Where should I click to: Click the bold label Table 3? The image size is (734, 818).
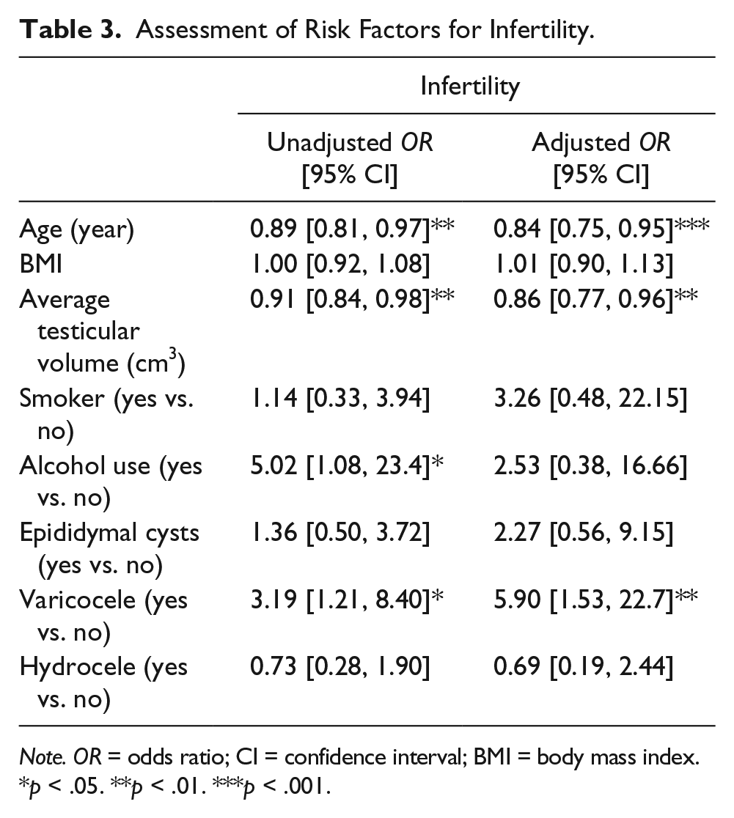[x=70, y=29]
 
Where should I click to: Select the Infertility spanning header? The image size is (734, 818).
[x=470, y=86]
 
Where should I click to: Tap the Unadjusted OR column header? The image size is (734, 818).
[x=350, y=158]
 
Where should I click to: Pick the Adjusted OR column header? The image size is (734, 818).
[x=601, y=158]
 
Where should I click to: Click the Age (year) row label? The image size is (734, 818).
[x=77, y=229]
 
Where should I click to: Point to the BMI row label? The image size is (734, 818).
[x=41, y=263]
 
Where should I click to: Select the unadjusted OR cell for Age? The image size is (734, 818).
[x=352, y=229]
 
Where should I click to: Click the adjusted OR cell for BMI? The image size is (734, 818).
[x=583, y=263]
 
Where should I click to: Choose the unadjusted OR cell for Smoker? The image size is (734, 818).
[x=340, y=398]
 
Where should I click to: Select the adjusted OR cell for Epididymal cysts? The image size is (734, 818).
[x=583, y=532]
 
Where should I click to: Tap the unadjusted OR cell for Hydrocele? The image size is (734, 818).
[x=340, y=666]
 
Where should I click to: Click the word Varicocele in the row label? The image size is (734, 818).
[x=77, y=600]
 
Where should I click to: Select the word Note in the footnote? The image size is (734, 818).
[x=43, y=757]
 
